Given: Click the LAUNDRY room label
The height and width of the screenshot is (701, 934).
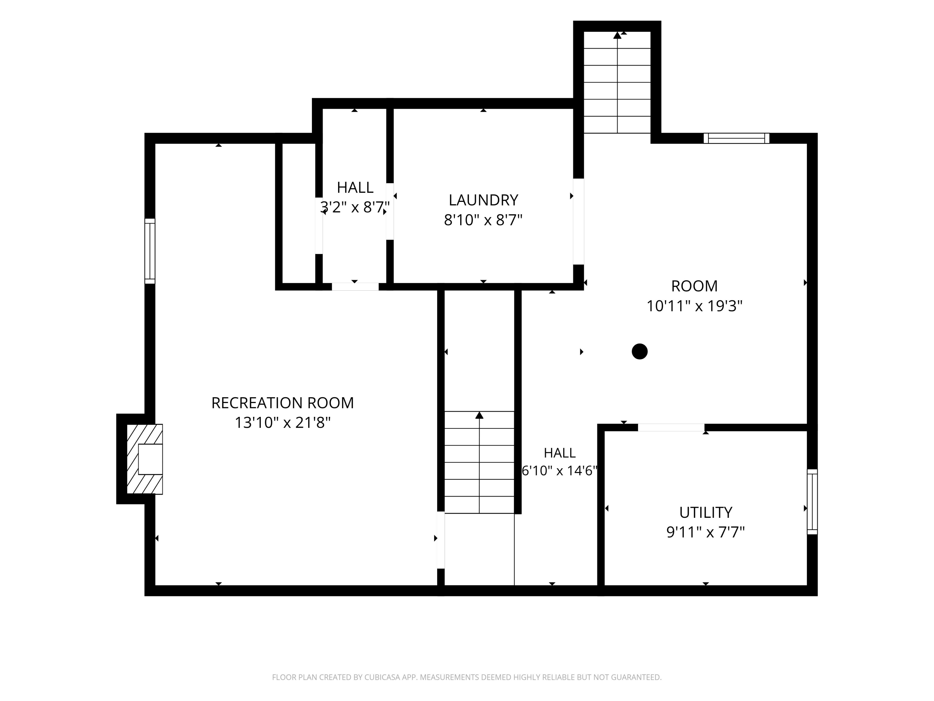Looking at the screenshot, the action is pyautogui.click(x=483, y=200).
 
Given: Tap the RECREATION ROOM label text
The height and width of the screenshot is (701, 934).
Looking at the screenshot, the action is pyautogui.click(x=282, y=403).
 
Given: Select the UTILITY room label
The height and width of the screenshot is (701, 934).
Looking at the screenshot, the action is pyautogui.click(x=705, y=512).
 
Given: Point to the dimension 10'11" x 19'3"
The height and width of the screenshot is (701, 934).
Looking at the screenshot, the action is pyautogui.click(x=694, y=306).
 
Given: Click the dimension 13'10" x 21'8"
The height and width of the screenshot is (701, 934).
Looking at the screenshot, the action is pyautogui.click(x=282, y=422).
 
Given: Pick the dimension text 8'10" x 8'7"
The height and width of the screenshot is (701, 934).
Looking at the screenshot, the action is pyautogui.click(x=483, y=220).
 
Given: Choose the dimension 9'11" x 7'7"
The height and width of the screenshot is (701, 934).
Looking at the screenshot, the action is pyautogui.click(x=705, y=532).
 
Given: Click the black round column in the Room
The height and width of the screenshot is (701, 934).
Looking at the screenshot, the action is pyautogui.click(x=640, y=351).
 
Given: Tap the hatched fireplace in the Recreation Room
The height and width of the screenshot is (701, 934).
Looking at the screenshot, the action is pyautogui.click(x=145, y=459).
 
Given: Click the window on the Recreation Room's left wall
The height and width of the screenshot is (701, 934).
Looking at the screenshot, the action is pyautogui.click(x=150, y=251).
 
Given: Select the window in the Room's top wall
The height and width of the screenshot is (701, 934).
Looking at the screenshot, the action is pyautogui.click(x=736, y=138).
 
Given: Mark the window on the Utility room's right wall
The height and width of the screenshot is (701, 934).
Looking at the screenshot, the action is pyautogui.click(x=812, y=502).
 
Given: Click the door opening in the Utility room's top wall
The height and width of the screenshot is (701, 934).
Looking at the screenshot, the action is pyautogui.click(x=671, y=428).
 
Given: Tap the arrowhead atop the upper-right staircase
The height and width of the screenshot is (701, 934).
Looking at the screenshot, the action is pyautogui.click(x=617, y=35).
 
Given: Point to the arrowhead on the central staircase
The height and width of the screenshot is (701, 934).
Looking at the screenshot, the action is pyautogui.click(x=479, y=415).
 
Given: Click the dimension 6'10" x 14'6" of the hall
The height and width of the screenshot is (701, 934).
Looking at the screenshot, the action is pyautogui.click(x=559, y=470).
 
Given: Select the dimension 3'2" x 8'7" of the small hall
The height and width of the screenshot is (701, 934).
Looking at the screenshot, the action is pyautogui.click(x=355, y=207).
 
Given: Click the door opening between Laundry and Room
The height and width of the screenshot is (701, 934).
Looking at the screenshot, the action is pyautogui.click(x=578, y=222).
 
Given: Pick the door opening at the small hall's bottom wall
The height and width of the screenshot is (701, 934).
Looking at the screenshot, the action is pyautogui.click(x=355, y=287).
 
